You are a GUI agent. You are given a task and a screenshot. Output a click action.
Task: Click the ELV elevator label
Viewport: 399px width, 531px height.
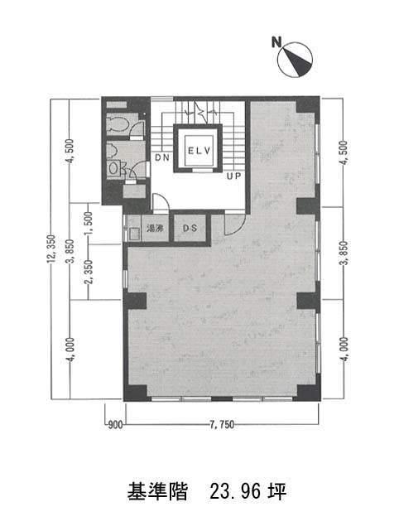(x=199, y=151)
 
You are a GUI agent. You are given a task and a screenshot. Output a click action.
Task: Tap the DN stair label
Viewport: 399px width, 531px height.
(x=162, y=157)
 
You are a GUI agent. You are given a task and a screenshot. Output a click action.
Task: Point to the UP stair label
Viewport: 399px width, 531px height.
(x=233, y=176)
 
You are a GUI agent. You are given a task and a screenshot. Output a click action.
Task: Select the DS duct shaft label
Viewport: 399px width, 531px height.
(x=190, y=229)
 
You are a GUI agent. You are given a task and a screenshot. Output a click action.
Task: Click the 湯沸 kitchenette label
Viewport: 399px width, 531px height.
(x=155, y=229)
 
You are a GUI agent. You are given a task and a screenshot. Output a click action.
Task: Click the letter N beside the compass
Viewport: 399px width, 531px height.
(x=276, y=42)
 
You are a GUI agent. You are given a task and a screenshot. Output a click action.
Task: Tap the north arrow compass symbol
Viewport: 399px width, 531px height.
(x=295, y=60)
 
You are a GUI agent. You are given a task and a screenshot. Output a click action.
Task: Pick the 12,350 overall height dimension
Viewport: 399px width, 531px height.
(x=51, y=249)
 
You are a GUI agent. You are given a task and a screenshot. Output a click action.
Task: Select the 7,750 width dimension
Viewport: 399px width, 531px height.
(x=222, y=425)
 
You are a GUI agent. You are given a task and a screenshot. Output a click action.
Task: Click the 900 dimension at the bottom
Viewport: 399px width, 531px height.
(x=115, y=425)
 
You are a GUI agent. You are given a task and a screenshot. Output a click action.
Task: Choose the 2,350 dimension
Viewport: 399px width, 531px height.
(x=89, y=272)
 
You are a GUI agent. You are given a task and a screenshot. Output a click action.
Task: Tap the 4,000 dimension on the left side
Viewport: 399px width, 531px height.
(x=70, y=350)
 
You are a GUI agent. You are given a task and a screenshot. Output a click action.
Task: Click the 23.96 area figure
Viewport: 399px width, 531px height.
(x=235, y=492)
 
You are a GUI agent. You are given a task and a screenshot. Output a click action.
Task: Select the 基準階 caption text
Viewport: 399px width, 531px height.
(x=157, y=492)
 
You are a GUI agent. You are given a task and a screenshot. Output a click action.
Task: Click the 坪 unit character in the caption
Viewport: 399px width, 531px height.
(x=277, y=492)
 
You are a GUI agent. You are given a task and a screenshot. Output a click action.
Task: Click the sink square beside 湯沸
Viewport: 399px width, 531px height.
(x=135, y=234)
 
